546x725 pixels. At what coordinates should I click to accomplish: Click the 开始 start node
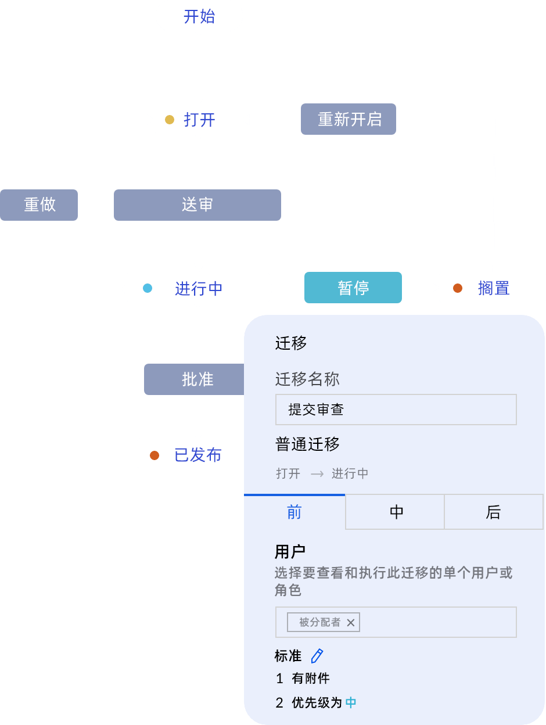(199, 16)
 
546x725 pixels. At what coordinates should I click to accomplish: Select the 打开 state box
(198, 120)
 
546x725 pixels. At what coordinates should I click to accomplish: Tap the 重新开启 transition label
(349, 119)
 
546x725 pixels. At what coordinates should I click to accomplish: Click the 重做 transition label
(39, 204)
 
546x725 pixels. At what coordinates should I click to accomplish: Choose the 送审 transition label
(197, 204)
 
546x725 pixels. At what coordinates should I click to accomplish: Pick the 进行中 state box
(198, 288)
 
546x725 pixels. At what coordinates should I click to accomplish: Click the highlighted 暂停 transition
(353, 288)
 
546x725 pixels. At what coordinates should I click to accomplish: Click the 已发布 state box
(191, 454)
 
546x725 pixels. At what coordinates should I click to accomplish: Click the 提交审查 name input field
(396, 410)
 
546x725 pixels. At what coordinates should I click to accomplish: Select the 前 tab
(294, 512)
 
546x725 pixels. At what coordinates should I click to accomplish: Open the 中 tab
(396, 512)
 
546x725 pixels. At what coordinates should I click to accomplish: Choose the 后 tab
(493, 512)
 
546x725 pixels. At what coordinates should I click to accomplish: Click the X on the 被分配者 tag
(350, 623)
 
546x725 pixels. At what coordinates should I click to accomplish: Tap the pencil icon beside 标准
(317, 656)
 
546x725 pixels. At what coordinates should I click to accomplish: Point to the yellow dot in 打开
(170, 120)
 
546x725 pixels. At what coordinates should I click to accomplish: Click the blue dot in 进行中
(148, 288)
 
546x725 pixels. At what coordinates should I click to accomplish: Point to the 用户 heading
(290, 551)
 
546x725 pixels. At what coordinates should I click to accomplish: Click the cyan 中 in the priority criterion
(351, 703)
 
